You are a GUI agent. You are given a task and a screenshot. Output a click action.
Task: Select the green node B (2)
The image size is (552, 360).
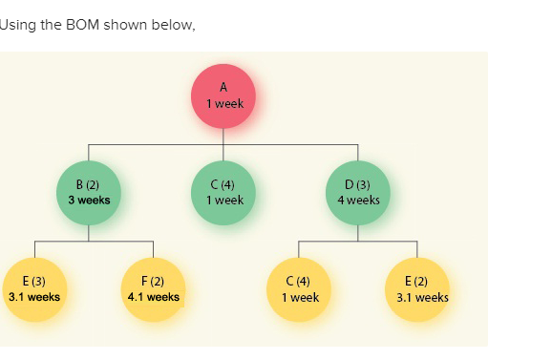coord(89,193)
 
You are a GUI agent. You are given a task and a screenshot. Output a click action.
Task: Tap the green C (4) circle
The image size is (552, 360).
coord(223,193)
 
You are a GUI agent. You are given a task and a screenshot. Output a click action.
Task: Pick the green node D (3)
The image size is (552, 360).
coord(358,193)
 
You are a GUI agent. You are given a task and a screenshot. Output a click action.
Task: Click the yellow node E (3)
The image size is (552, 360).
coord(34,289)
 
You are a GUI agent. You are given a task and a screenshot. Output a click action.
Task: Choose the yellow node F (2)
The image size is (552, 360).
coord(153,289)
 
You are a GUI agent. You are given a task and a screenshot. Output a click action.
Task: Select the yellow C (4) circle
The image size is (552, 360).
coord(300,289)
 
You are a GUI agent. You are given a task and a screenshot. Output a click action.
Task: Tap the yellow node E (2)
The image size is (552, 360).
coord(417,289)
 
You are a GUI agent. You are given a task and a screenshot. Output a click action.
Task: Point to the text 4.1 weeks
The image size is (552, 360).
coord(153,297)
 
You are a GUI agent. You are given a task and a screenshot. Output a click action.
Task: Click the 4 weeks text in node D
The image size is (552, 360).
coord(358,201)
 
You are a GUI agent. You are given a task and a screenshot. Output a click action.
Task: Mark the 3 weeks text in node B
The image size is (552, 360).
coord(89,201)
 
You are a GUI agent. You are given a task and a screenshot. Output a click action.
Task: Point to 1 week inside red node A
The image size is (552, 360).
coord(223,104)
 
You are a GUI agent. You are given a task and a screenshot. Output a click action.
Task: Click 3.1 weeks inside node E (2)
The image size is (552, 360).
coord(422,297)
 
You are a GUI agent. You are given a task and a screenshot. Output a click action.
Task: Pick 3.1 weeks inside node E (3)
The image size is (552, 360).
coord(34,297)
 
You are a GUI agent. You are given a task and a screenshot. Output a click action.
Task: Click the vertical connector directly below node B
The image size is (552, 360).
coord(89,234)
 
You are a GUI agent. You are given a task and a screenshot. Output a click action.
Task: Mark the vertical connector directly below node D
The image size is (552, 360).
coord(358,234)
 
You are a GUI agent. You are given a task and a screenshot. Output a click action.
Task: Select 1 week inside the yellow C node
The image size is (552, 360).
coord(300,297)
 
